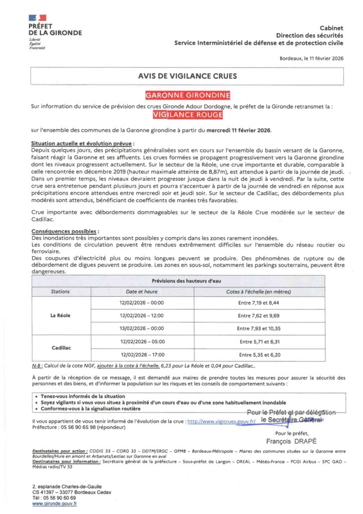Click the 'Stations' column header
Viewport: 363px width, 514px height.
pyautogui.click(x=61, y=291)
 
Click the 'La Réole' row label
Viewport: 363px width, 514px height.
pyautogui.click(x=61, y=316)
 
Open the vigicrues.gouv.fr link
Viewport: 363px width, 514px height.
pyautogui.click(x=221, y=422)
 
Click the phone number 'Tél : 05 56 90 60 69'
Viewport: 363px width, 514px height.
pyautogui.click(x=54, y=497)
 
